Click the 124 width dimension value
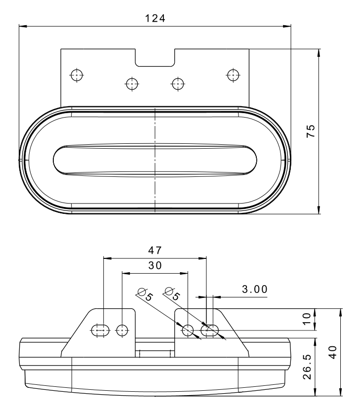(x=155, y=18)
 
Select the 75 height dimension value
(x=311, y=131)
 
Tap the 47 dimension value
(x=155, y=250)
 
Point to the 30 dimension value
(x=155, y=265)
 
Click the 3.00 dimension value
(x=255, y=290)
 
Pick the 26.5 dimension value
(x=307, y=367)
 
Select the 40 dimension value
(x=333, y=352)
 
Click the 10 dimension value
(x=307, y=319)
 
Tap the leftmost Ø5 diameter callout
(x=145, y=294)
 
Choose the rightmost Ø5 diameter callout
(x=172, y=294)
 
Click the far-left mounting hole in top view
(x=77, y=75)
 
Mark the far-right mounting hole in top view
(x=233, y=75)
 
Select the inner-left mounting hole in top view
(x=132, y=84)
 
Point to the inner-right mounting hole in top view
(x=178, y=84)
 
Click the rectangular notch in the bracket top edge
(x=155, y=58)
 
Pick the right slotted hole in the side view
(x=210, y=330)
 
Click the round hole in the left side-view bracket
(x=122, y=330)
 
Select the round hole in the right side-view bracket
(x=188, y=330)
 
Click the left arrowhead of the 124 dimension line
(x=23, y=26)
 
